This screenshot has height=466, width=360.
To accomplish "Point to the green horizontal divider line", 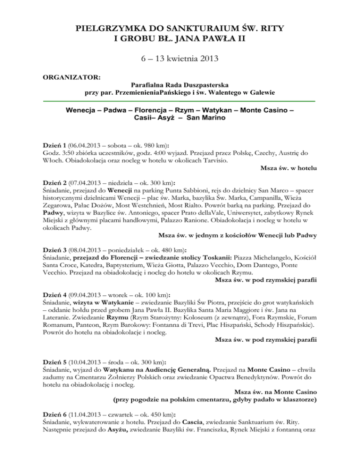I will (180, 101).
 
